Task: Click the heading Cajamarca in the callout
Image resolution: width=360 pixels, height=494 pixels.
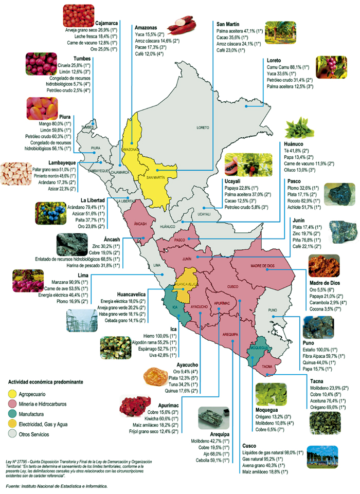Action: (x=107, y=23)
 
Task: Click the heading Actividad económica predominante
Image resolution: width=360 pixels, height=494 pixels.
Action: (x=45, y=383)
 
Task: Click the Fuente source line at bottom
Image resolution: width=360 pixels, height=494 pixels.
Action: (x=56, y=485)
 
